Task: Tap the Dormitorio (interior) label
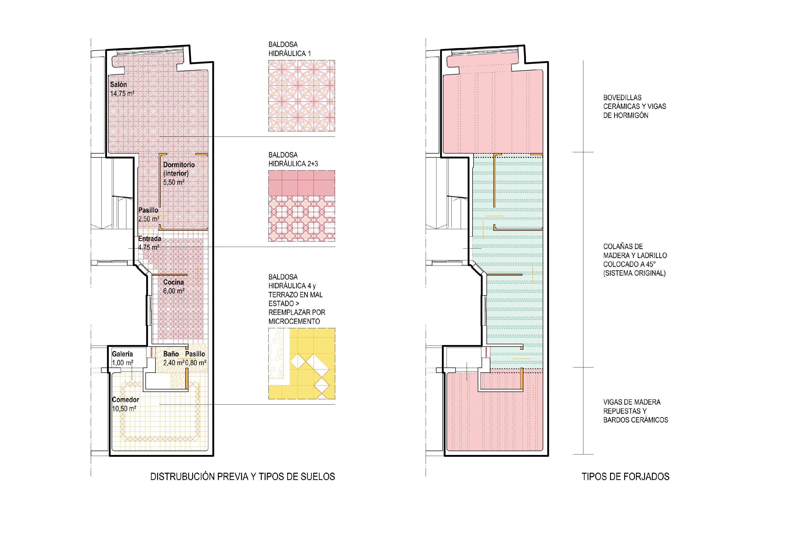(x=179, y=169)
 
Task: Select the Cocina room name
(x=174, y=282)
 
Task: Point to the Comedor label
(x=126, y=399)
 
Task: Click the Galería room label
(x=122, y=354)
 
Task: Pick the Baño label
(x=171, y=354)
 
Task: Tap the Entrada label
(x=150, y=238)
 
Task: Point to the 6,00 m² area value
(x=174, y=291)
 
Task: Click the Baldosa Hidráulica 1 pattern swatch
(x=301, y=96)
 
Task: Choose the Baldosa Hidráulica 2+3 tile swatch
(x=301, y=206)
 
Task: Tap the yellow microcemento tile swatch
(x=301, y=364)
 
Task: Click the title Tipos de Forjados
(x=625, y=477)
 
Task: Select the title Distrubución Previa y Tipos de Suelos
(x=243, y=477)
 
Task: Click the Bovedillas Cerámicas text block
(x=634, y=106)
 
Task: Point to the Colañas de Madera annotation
(x=635, y=260)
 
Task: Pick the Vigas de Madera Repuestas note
(x=636, y=411)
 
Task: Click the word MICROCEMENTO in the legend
(x=294, y=321)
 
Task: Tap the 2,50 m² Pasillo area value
(x=149, y=219)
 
